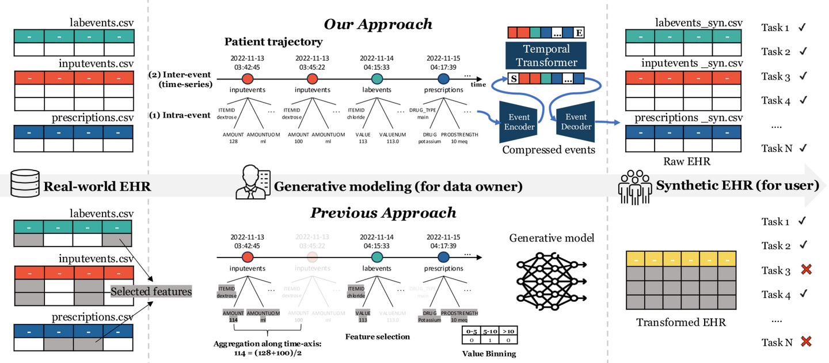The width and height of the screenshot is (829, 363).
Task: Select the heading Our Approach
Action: [x=378, y=24]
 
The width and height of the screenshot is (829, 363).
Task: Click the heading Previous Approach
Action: [x=383, y=213]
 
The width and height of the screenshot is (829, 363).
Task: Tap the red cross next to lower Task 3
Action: [x=806, y=270]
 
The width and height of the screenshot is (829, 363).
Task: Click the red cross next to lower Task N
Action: [x=806, y=342]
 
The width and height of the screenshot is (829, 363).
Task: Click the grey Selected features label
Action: [x=151, y=292]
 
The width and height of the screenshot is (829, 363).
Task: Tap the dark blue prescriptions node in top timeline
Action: [x=443, y=78]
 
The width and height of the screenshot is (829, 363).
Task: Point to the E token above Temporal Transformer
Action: [x=579, y=33]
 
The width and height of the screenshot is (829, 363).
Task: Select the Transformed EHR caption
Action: [x=681, y=323]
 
